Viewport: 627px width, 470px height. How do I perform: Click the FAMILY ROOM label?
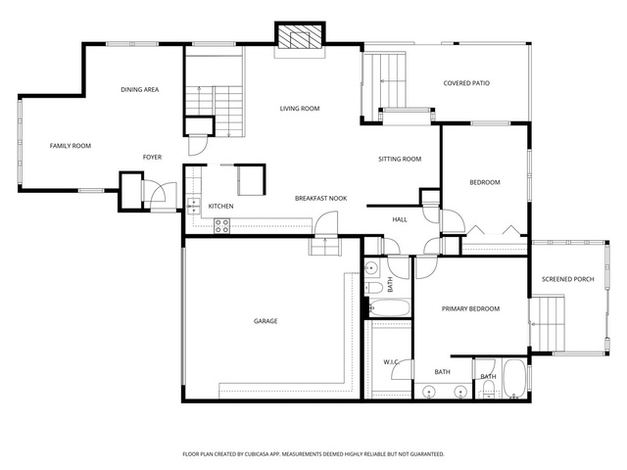tap(71, 146)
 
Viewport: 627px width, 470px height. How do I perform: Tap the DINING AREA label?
tap(139, 89)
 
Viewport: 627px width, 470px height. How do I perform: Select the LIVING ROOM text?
tap(300, 109)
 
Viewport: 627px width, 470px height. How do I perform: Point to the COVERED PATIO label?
tap(466, 83)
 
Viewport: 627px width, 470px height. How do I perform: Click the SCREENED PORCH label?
tap(568, 279)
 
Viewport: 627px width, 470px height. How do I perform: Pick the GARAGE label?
tap(265, 321)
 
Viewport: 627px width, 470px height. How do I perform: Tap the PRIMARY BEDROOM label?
tap(470, 308)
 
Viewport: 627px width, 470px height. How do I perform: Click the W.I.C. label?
tap(391, 362)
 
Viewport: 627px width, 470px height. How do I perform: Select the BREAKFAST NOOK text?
tap(320, 198)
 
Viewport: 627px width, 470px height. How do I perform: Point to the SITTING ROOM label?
tap(400, 159)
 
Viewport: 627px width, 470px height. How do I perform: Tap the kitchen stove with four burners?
tap(221, 226)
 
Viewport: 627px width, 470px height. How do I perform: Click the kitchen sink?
tap(194, 207)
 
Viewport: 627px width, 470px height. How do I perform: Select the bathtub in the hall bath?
tap(389, 308)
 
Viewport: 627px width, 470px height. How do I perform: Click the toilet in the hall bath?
tap(372, 287)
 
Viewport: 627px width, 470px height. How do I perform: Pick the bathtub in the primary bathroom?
tap(514, 379)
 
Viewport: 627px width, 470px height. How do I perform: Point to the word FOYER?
tap(153, 158)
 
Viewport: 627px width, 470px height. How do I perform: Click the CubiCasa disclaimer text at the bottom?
tap(313, 454)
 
